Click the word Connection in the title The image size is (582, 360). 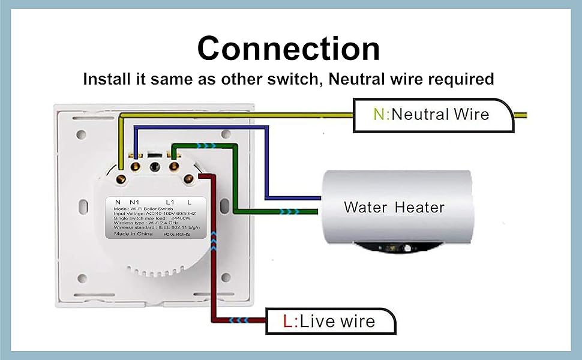click(289, 49)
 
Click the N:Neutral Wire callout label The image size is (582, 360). click(431, 114)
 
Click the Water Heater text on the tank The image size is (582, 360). click(394, 208)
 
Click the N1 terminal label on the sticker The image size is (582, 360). click(134, 202)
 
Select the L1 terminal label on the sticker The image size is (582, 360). click(170, 202)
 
